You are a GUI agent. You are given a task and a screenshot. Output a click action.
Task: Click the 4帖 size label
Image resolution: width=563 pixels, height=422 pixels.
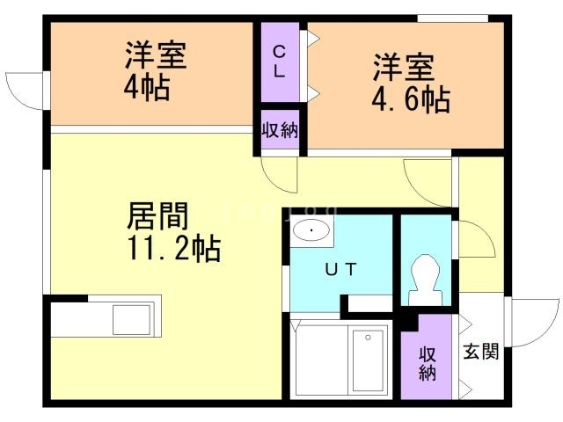pos(147,88)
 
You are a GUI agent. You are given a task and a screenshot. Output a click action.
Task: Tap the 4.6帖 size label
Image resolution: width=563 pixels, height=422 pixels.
pos(411,99)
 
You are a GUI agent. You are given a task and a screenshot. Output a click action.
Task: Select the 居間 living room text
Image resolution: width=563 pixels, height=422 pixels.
pos(158,216)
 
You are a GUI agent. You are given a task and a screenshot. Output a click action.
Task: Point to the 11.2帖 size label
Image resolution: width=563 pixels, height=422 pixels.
pos(174,248)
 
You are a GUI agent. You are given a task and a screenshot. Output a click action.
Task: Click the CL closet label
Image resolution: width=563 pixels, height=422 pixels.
pos(280,62)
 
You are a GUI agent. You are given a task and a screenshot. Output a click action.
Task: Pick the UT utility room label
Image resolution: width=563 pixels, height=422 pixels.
pos(340,269)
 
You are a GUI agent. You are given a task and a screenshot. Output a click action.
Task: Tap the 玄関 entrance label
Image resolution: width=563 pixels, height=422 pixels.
pos(481,352)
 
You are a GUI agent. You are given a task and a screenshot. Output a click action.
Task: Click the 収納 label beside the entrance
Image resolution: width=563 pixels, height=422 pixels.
pos(428,363)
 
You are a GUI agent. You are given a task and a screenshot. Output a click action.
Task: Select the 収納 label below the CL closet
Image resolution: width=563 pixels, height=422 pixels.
pos(280,130)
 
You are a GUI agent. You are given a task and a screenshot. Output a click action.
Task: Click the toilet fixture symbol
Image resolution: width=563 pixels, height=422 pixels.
pos(426,280)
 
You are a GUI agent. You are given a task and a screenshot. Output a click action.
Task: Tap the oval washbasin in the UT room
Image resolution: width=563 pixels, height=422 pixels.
pos(311,230)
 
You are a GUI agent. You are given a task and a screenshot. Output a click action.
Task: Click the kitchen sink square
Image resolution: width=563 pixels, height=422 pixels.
pos(131,320)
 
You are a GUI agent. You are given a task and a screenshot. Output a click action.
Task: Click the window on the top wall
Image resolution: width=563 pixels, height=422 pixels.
pos(453,18)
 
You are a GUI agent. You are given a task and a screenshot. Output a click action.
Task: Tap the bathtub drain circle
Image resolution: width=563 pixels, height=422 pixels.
pos(368,338)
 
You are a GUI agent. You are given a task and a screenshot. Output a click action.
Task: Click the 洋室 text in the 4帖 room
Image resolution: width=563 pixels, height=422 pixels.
pos(156,55)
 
